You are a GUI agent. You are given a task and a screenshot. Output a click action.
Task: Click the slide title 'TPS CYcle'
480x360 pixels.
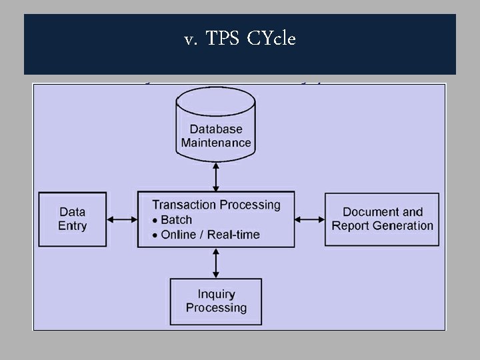(x=250, y=39)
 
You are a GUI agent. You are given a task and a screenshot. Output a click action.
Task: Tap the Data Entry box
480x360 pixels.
(x=72, y=219)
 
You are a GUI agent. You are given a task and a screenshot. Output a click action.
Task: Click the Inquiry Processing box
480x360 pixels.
(x=216, y=301)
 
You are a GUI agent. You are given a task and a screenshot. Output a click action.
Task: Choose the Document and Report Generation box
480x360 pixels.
(x=382, y=219)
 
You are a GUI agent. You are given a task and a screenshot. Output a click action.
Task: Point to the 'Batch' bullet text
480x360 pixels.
(x=176, y=220)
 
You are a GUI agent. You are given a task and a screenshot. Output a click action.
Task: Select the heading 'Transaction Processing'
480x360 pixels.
(x=216, y=205)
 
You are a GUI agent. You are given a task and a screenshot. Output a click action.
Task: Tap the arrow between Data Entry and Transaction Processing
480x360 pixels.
(x=122, y=219)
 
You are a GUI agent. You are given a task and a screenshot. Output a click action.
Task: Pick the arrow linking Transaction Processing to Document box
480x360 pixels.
(x=309, y=219)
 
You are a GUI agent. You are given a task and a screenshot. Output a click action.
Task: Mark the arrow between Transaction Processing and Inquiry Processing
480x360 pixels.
(x=215, y=263)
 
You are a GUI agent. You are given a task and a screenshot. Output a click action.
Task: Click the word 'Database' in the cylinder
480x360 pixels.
(x=215, y=129)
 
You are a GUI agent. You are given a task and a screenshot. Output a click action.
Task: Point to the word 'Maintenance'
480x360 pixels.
(x=216, y=143)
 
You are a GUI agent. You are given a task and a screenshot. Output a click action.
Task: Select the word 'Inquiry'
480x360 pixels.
(x=216, y=294)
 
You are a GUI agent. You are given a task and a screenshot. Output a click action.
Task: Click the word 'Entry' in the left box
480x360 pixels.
(x=72, y=226)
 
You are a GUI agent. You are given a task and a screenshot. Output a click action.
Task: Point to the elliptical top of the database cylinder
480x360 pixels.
(x=215, y=98)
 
